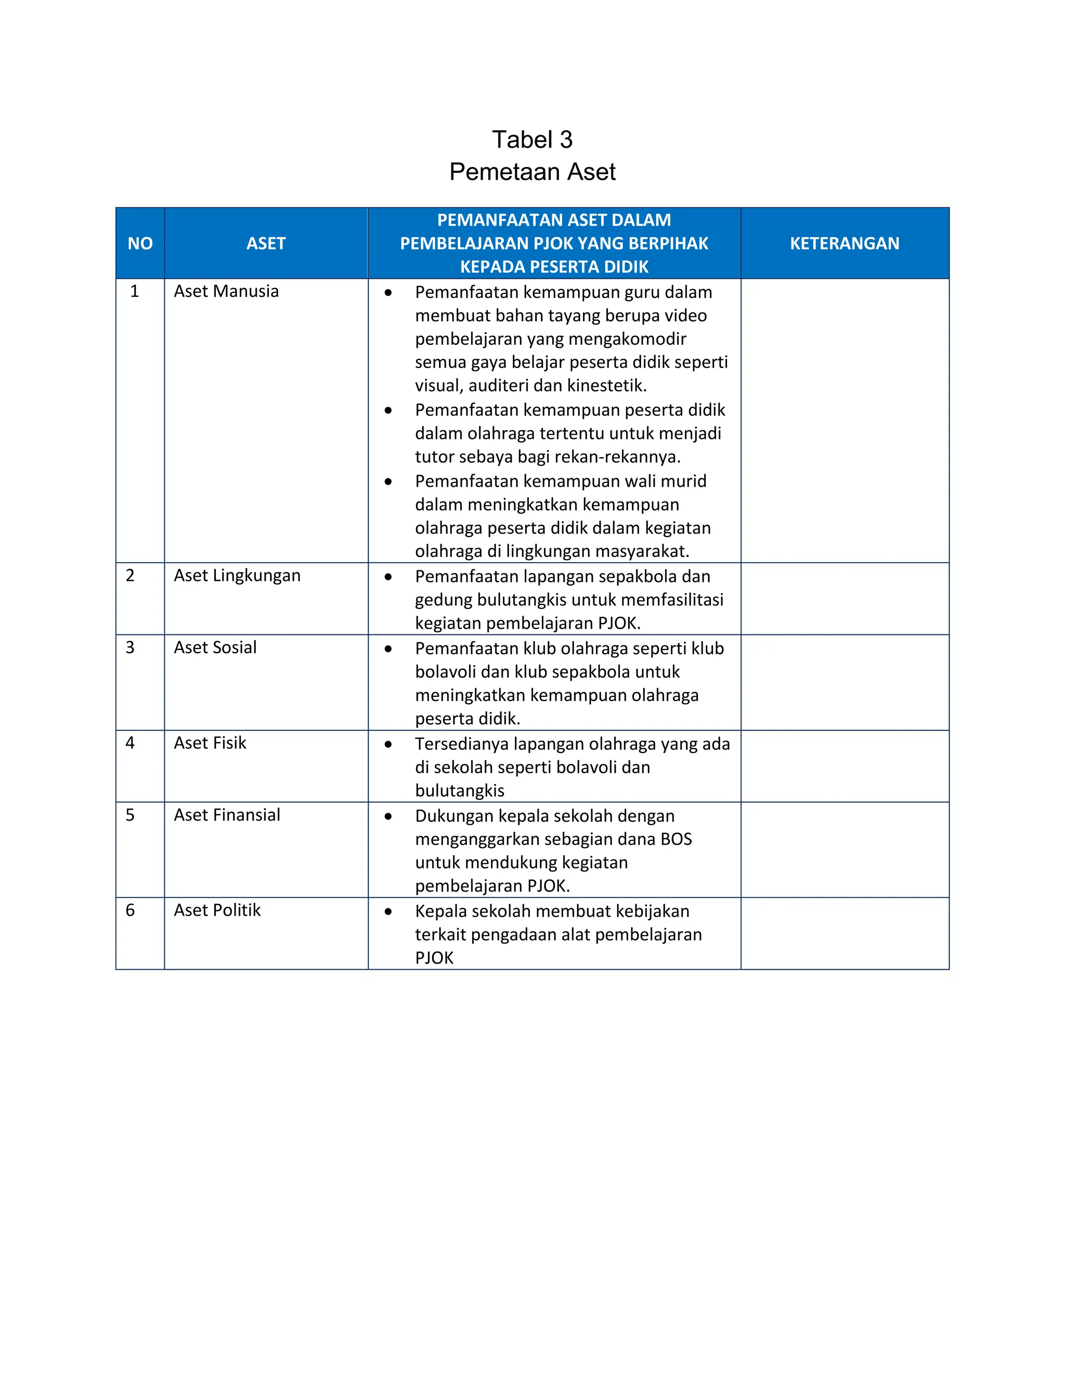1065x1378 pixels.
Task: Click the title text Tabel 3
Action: click(x=532, y=139)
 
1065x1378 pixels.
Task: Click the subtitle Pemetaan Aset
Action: click(x=532, y=172)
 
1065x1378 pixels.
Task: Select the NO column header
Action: click(x=140, y=243)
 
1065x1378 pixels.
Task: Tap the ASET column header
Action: click(x=266, y=243)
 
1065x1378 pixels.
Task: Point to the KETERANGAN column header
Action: click(x=844, y=243)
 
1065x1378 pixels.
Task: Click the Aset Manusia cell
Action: click(x=226, y=292)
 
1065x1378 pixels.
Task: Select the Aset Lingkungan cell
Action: click(x=237, y=576)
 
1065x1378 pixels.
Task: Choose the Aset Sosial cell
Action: click(x=215, y=647)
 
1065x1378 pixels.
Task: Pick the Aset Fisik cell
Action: click(x=210, y=743)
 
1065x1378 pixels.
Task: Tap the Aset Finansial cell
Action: click(x=227, y=815)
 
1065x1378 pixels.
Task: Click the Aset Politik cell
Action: click(x=217, y=911)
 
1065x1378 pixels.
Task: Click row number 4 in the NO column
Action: click(x=130, y=743)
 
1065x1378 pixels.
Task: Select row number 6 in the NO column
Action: click(x=130, y=911)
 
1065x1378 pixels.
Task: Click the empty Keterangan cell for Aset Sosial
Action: click(x=844, y=683)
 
